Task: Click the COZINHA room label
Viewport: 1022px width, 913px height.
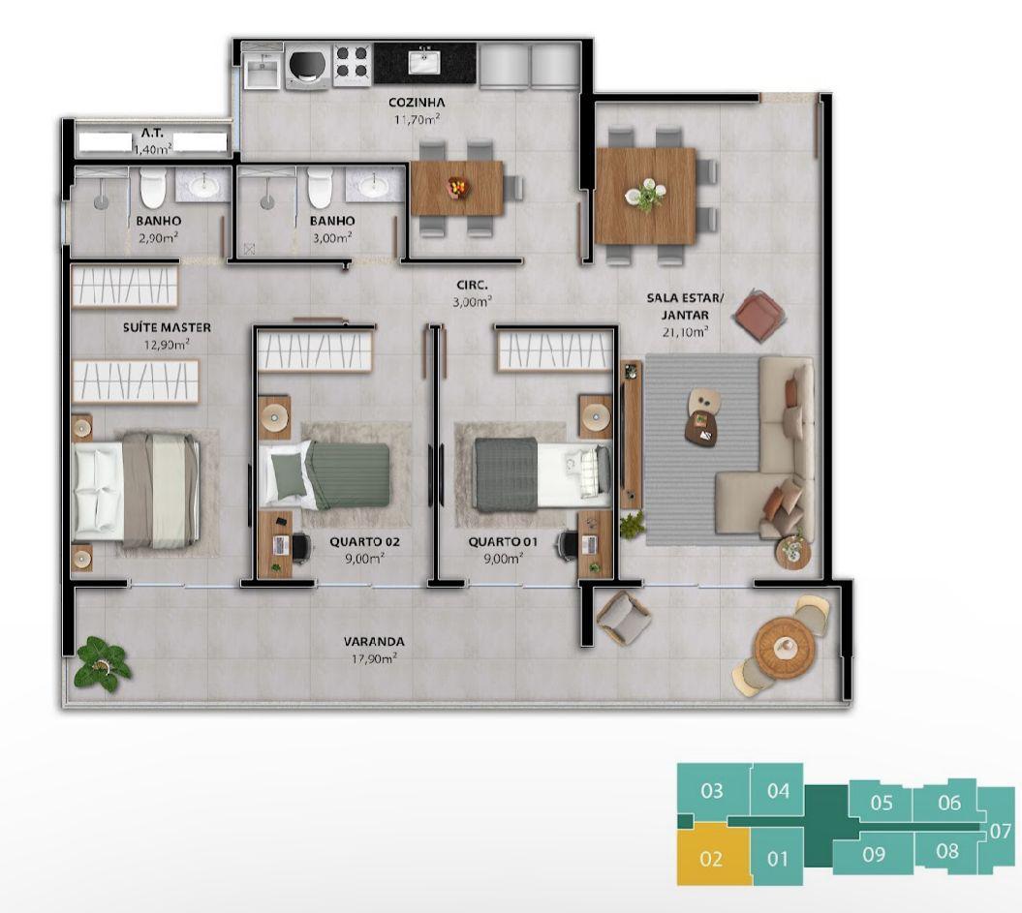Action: [417, 103]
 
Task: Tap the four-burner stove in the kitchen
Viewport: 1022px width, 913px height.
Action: [353, 65]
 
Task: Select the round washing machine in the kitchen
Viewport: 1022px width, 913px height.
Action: [308, 65]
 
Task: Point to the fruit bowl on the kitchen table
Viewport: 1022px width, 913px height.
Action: [457, 187]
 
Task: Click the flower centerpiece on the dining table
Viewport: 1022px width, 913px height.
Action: [646, 194]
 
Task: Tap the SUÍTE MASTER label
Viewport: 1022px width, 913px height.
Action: [167, 327]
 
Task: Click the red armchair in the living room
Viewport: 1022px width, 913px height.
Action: [759, 316]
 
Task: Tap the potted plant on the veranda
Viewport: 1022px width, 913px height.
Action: [101, 663]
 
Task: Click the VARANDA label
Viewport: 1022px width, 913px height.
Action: [374, 642]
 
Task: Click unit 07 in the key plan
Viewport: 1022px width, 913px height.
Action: [1000, 831]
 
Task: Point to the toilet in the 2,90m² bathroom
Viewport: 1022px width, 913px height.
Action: [153, 187]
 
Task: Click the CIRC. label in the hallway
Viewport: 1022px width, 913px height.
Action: [472, 285]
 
